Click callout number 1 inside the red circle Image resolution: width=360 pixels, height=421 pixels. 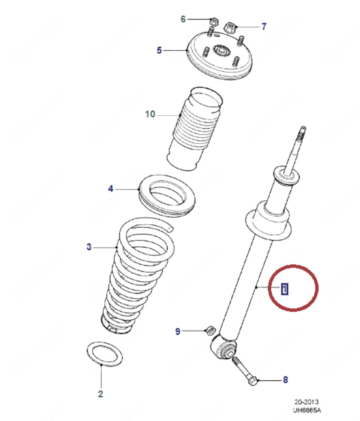pos(285,289)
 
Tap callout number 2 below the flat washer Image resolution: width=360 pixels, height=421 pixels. pos(100,394)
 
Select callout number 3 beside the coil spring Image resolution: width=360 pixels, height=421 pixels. pos(89,247)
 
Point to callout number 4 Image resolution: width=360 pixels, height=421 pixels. pos(111,189)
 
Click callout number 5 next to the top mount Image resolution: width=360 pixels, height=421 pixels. pos(159,50)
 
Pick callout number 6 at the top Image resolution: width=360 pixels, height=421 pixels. pos(183,19)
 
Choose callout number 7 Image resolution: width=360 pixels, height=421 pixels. pos(264,27)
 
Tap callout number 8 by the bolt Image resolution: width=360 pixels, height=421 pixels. pos(285,379)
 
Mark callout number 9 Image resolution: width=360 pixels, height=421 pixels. pos(177,331)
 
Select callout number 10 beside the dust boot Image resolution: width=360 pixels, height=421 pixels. pos(150,114)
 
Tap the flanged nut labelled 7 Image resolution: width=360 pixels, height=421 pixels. pos(229,27)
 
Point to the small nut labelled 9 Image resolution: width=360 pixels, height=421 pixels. pos(209,330)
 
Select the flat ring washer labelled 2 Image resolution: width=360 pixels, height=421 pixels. pos(103,354)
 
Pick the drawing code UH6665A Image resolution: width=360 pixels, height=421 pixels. pos(308,410)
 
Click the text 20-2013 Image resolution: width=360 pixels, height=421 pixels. pos(307,402)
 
